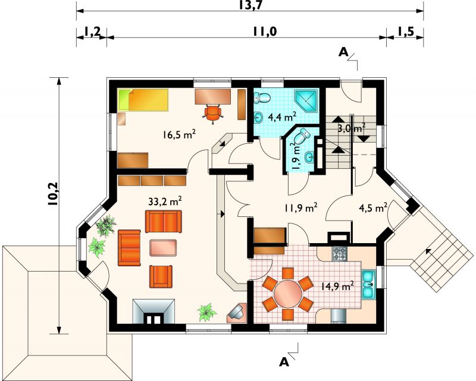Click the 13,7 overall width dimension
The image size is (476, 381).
tap(250, 5)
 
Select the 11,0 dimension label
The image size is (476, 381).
tap(265, 32)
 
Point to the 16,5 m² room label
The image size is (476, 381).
tap(179, 135)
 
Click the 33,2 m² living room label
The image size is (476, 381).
tap(165, 201)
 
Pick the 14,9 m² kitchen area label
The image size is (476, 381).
tap(337, 285)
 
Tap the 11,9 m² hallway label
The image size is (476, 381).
tap(301, 208)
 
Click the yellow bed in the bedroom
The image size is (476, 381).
tap(143, 99)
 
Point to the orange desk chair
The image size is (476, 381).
tap(213, 113)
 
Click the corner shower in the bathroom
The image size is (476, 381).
tap(307, 100)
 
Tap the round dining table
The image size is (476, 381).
tap(287, 294)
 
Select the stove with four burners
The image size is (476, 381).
tap(340, 254)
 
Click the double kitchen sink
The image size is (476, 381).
tap(368, 284)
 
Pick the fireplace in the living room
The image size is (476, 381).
tap(154, 311)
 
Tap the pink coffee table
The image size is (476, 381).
tap(163, 247)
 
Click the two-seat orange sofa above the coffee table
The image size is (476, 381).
tap(164, 222)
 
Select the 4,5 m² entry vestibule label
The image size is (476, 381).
tap(373, 208)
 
